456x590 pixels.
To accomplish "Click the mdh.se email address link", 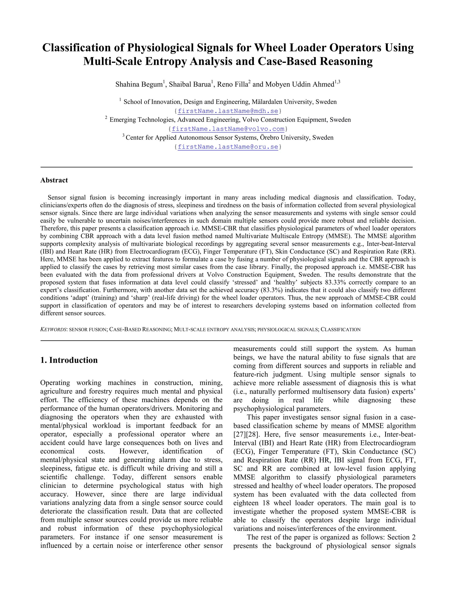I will click(228, 111).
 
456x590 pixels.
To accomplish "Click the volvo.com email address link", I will click(228, 129).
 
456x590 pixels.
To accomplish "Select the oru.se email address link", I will click(228, 147).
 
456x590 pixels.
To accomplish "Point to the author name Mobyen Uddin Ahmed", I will click(300, 85).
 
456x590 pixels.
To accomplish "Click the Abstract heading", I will click(54, 180).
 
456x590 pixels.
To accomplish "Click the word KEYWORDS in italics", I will click(53, 330).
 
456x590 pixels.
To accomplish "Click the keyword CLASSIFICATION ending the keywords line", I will click(340, 330).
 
